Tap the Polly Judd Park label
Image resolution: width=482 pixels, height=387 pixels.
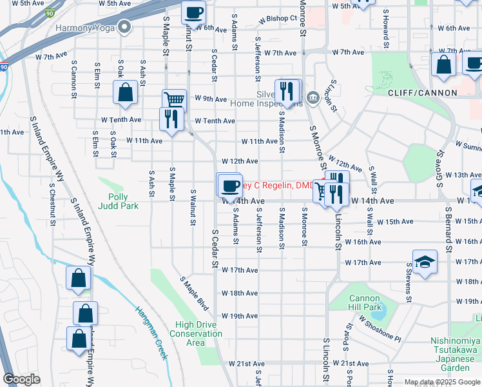pyautogui.click(x=119, y=202)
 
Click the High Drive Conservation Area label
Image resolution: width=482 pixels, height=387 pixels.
pyautogui.click(x=196, y=333)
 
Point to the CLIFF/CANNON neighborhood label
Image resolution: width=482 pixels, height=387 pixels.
pyautogui.click(x=423, y=93)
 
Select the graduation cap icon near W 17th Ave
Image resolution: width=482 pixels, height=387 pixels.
pyautogui.click(x=425, y=262)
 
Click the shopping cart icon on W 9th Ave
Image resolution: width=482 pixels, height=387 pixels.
pyautogui.click(x=174, y=99)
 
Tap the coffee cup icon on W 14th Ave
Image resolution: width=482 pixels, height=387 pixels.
pyautogui.click(x=230, y=186)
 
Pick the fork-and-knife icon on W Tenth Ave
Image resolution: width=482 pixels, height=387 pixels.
pyautogui.click(x=171, y=118)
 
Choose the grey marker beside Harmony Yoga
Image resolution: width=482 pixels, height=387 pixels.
pyautogui.click(x=125, y=27)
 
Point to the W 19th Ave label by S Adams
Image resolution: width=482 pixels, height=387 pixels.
pyautogui.click(x=240, y=316)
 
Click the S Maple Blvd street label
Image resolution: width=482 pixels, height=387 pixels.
pyautogui.click(x=195, y=291)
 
